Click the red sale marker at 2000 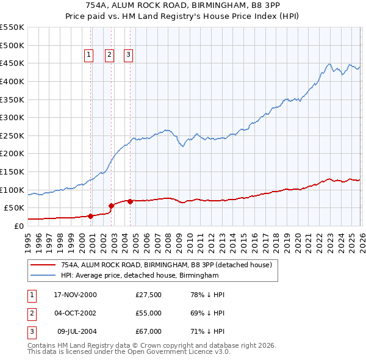tap(91, 216)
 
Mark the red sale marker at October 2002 tap(111, 206)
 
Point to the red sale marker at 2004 tap(130, 201)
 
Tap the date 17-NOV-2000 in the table tap(75, 295)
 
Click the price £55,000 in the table tap(148, 313)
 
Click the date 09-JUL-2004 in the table tap(77, 331)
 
